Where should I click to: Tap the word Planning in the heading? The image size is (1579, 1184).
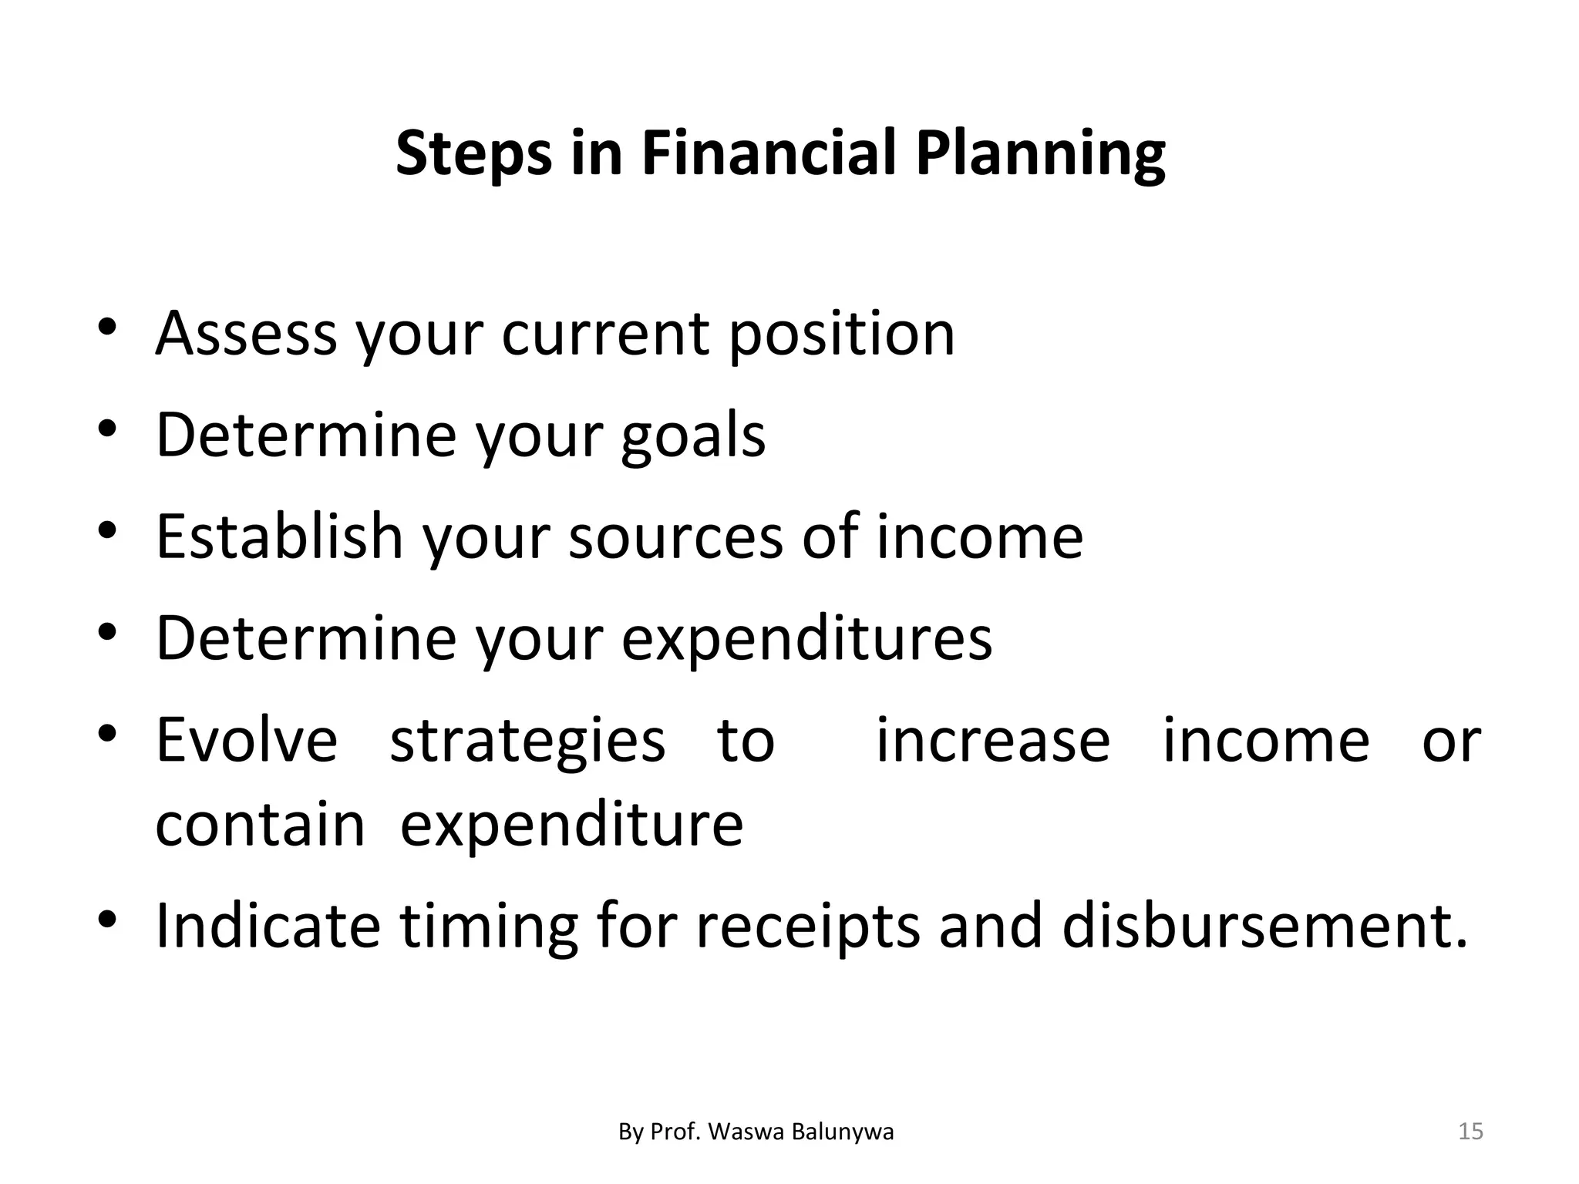[x=1040, y=153]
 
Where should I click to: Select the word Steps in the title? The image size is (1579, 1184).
[x=473, y=153]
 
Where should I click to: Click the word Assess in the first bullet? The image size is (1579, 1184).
[x=246, y=334]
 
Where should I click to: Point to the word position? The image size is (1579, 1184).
[x=841, y=334]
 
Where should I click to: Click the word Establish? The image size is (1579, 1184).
[x=279, y=536]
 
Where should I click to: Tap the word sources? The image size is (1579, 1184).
[x=675, y=536]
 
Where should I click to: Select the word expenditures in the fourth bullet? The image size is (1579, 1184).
[x=806, y=638]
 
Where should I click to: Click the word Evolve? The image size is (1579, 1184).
[x=247, y=740]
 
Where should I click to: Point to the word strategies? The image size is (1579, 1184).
[x=527, y=740]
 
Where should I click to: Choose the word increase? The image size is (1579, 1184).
[x=993, y=740]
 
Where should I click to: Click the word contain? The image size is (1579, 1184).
[x=260, y=824]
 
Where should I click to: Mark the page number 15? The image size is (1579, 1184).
[x=1470, y=1132]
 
